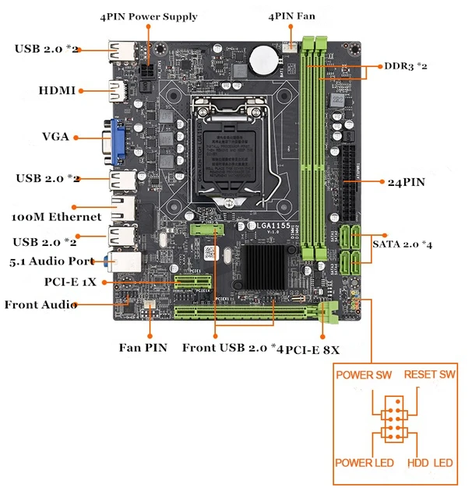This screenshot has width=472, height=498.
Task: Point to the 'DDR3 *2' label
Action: click(x=406, y=66)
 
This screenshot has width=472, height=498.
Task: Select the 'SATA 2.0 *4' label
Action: click(x=402, y=244)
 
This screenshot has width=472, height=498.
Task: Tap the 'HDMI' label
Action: click(x=58, y=91)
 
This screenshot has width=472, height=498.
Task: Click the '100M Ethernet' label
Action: click(x=57, y=216)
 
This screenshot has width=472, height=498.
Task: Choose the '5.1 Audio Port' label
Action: click(x=52, y=261)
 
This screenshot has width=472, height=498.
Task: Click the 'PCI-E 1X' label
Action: click(x=71, y=282)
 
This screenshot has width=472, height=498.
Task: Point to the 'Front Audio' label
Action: click(x=41, y=304)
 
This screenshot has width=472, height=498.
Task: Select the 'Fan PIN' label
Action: click(x=143, y=348)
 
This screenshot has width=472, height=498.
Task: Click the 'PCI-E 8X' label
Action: click(x=312, y=349)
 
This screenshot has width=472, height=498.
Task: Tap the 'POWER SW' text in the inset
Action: click(x=363, y=375)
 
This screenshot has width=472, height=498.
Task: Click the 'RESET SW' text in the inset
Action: click(x=429, y=375)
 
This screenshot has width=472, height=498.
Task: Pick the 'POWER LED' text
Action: click(x=364, y=463)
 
